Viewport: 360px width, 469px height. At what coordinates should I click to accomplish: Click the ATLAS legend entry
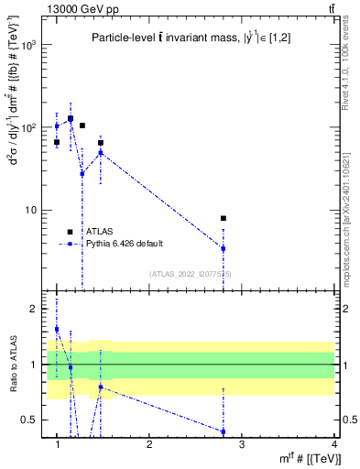[x=90, y=232]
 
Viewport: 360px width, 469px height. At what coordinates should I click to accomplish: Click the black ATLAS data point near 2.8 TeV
[x=224, y=218]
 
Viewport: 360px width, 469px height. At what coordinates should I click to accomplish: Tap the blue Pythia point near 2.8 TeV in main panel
[x=224, y=248]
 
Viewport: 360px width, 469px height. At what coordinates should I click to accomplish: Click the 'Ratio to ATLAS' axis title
[x=12, y=365]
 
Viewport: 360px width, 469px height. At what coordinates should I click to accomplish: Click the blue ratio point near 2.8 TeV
[x=224, y=431]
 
